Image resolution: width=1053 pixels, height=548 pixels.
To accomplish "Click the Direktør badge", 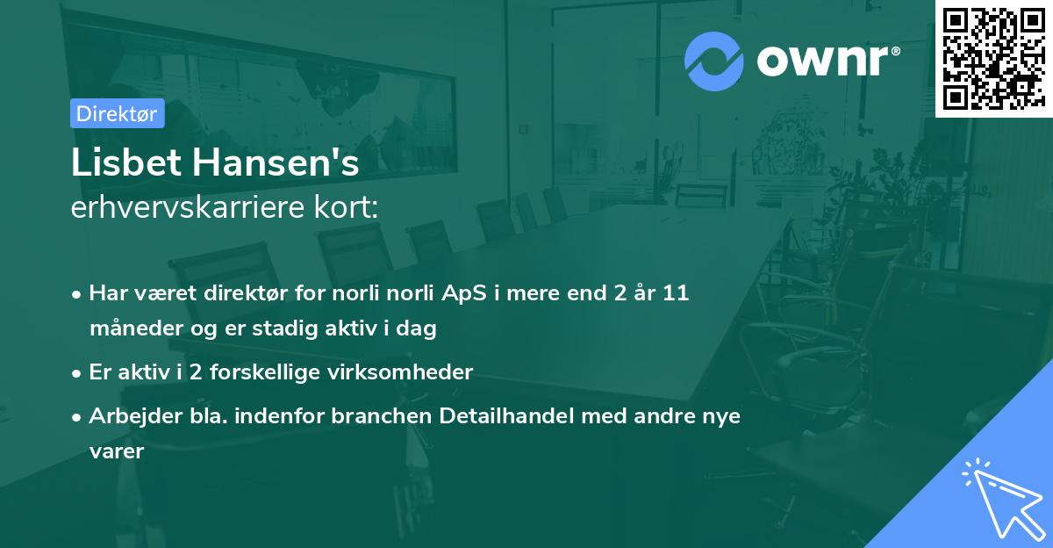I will click(116, 113).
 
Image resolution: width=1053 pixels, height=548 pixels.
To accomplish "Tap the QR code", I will click(993, 58).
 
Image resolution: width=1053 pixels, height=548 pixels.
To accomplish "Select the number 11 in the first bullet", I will click(677, 293).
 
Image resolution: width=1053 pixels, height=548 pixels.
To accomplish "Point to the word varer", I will click(116, 452).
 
